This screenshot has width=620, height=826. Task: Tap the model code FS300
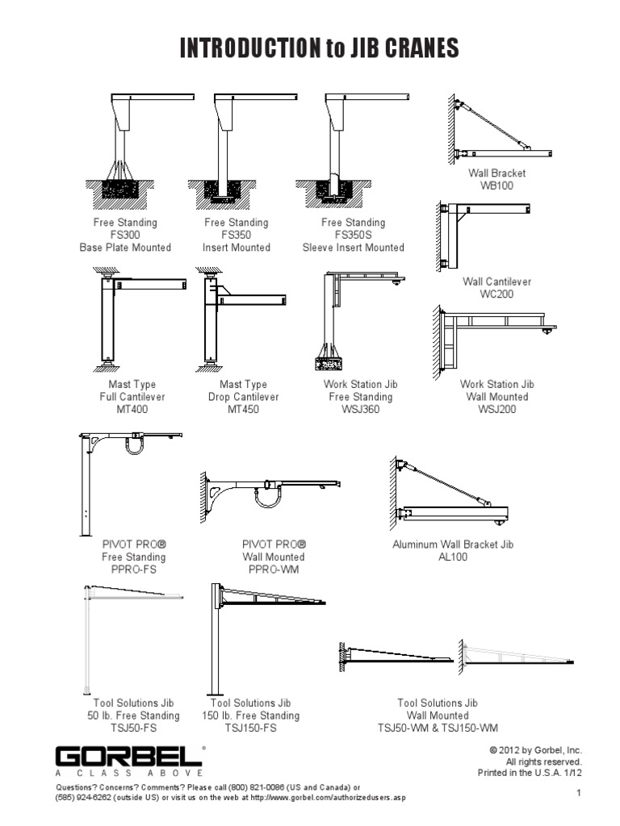click(124, 235)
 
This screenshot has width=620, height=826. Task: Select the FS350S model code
click(353, 235)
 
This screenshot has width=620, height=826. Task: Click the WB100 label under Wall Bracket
click(496, 186)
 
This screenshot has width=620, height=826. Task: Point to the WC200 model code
click(496, 294)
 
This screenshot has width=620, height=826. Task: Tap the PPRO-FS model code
click(133, 569)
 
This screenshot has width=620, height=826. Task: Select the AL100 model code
click(452, 557)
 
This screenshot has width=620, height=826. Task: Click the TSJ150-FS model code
click(250, 728)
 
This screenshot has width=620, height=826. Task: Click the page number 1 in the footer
click(579, 795)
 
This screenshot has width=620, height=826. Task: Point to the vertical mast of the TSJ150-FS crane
click(216, 645)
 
